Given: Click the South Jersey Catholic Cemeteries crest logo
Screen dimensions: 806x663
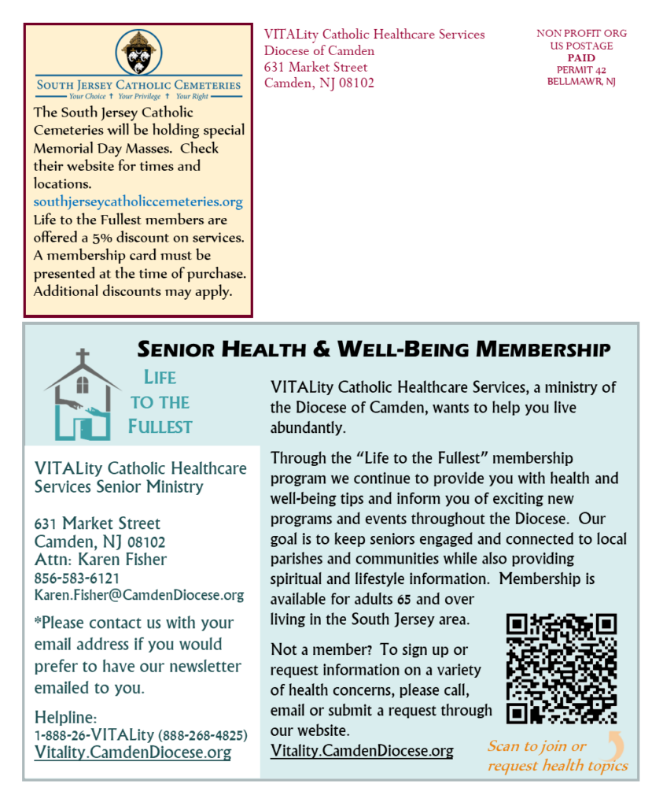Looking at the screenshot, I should pyautogui.click(x=138, y=53).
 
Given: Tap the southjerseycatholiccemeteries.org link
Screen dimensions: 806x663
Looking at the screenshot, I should pyautogui.click(x=138, y=201).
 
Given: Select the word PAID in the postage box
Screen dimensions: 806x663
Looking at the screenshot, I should pyautogui.click(x=581, y=57).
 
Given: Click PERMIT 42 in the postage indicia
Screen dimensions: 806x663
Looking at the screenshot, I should pyautogui.click(x=581, y=69).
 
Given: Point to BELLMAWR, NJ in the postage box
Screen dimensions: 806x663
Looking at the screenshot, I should pyautogui.click(x=581, y=81).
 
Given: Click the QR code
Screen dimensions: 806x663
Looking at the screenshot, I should pyautogui.click(x=561, y=668).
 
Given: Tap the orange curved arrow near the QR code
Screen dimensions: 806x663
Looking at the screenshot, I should pyautogui.click(x=614, y=745).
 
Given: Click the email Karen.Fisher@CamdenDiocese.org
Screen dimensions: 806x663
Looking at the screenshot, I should pyautogui.click(x=139, y=595).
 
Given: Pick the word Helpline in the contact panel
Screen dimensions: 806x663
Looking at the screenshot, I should pyautogui.click(x=65, y=717).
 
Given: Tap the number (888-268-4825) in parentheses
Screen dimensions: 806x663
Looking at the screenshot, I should pyautogui.click(x=203, y=735).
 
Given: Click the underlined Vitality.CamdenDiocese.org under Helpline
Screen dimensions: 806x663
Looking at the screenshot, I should pyautogui.click(x=133, y=752).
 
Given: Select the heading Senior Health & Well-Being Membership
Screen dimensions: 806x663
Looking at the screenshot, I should pyautogui.click(x=374, y=349).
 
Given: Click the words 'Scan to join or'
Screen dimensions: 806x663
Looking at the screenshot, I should pyautogui.click(x=536, y=746).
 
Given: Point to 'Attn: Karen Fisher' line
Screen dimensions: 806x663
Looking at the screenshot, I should pyautogui.click(x=101, y=560).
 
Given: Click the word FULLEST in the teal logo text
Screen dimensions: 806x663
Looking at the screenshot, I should pyautogui.click(x=160, y=427).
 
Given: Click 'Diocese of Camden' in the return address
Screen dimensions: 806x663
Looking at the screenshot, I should pyautogui.click(x=319, y=50).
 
